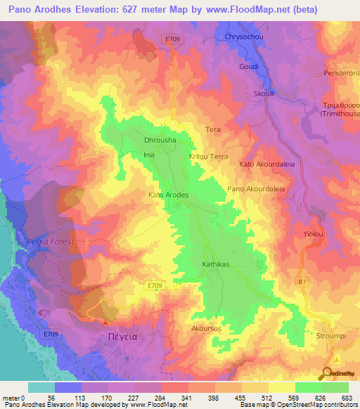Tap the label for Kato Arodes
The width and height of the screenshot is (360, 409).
[169, 195]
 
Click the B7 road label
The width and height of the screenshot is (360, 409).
[302, 282]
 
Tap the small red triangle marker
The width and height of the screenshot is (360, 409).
[105, 323]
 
